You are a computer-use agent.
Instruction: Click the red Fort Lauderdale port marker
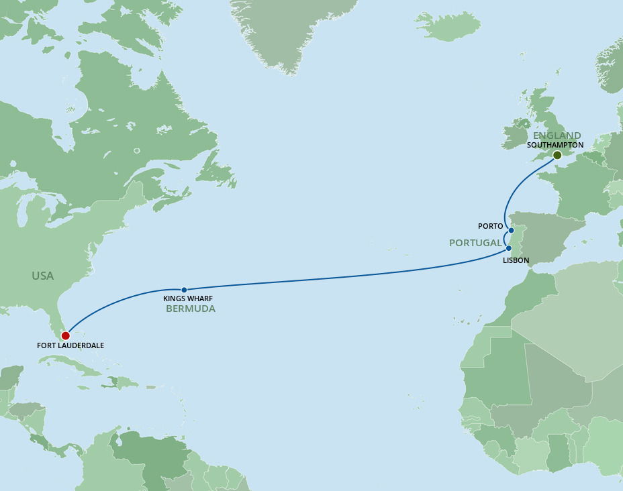click(65, 335)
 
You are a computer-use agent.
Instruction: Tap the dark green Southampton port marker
click(557, 155)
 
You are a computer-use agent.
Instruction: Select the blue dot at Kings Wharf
click(184, 290)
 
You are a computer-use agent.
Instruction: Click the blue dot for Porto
click(511, 230)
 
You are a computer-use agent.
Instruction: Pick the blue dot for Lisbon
click(508, 248)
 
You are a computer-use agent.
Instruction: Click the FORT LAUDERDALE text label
click(71, 346)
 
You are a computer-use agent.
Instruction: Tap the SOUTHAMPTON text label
click(555, 145)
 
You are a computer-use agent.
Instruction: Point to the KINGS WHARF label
click(188, 298)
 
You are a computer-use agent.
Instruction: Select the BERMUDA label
click(191, 309)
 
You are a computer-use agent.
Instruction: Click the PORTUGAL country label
click(475, 243)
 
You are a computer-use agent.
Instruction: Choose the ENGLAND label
click(557, 135)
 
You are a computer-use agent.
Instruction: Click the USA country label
click(42, 276)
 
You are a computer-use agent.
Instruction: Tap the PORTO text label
click(491, 227)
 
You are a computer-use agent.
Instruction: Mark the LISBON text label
click(516, 260)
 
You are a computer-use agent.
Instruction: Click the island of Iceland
click(448, 25)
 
